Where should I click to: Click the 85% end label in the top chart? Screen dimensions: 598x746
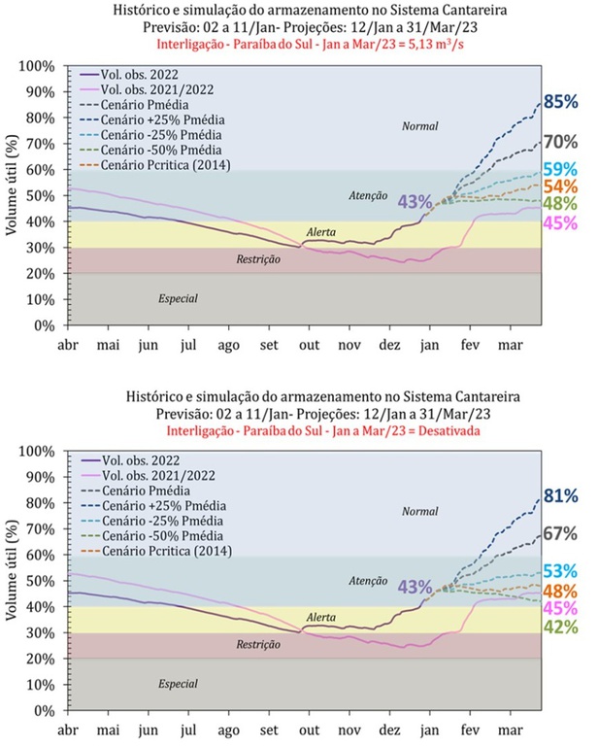561,102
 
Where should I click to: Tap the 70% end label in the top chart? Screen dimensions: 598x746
561,142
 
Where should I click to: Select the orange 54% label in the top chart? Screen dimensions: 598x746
561,186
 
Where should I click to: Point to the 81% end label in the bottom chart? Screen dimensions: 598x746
561,496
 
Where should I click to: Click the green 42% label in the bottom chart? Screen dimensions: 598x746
561,627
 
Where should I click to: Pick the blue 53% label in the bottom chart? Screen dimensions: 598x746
561,571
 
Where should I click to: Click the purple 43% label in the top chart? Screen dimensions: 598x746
415,202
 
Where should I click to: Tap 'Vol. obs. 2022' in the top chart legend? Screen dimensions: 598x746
139,75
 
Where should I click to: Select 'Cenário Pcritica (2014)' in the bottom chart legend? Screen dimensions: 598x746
167,551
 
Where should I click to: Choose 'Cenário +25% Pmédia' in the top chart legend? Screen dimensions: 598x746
162,119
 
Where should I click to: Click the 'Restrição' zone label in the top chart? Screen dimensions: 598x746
258,259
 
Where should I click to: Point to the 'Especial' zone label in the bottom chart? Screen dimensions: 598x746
178,684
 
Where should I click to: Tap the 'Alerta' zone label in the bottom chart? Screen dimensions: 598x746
321,617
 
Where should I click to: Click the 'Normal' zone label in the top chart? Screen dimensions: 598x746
419,126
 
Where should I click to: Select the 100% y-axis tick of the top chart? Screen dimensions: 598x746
37,66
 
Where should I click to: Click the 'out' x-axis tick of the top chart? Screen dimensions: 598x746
309,345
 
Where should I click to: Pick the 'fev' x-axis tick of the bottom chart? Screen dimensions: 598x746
470,729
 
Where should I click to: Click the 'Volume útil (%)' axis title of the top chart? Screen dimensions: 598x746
12,186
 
